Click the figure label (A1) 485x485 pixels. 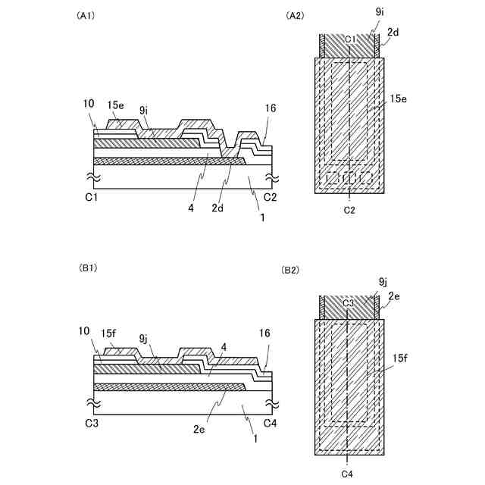[x=86, y=15]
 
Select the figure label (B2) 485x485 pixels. [x=291, y=270]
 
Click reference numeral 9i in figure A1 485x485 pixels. [x=143, y=110]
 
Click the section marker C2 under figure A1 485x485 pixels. [x=269, y=196]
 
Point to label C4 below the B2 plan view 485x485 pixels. [x=348, y=474]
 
